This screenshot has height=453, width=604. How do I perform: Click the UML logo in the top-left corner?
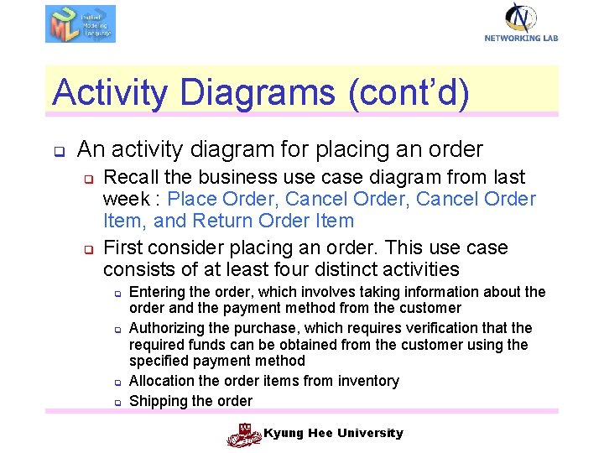81,23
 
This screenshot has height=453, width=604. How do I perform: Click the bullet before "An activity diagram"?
60,153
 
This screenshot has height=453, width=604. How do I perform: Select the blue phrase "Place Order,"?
223,199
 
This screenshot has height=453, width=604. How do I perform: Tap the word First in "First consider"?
122,247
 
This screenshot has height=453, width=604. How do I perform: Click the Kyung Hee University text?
333,433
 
